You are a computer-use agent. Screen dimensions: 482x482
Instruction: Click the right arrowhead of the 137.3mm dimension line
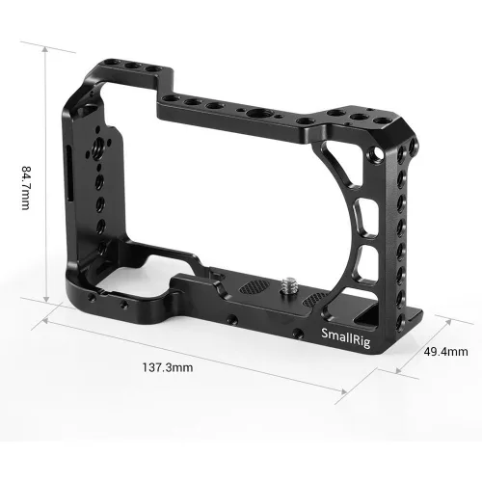344,389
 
